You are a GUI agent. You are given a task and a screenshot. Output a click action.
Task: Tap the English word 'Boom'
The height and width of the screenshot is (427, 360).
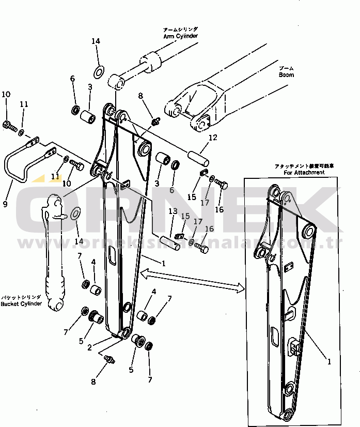coord(286,75)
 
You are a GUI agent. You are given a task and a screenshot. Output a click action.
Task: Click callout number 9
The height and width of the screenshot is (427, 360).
coord(5,204)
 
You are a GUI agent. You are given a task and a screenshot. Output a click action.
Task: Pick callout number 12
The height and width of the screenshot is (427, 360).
coord(213,138)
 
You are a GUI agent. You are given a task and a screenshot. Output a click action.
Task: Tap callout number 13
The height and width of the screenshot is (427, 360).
coord(173,211)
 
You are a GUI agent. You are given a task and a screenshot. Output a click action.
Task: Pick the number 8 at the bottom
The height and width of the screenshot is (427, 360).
coord(93,382)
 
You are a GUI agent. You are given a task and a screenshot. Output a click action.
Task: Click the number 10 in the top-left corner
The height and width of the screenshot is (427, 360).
coord(6,94)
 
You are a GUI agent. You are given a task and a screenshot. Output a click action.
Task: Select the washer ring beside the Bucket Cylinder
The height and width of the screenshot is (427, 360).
coord(75,212)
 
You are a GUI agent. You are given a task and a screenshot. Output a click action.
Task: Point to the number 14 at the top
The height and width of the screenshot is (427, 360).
coord(96,41)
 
